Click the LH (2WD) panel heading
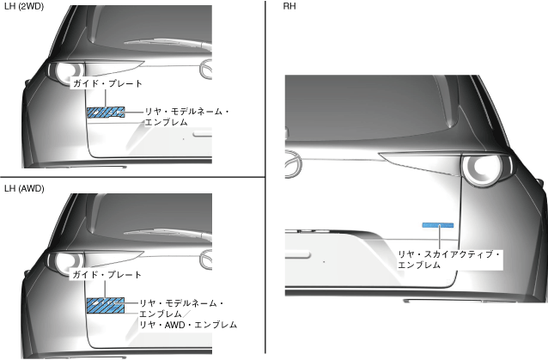coord(24,7)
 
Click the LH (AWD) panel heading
coord(24,188)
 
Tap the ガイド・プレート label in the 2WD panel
coord(107,84)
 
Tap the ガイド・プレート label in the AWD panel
coord(106,274)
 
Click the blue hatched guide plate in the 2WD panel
coord(103,112)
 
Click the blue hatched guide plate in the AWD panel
coord(104,304)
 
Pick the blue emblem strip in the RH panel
coord(437,224)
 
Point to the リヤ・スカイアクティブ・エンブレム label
coord(448,259)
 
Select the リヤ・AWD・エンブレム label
coord(187,326)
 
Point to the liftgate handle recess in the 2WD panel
coord(202,133)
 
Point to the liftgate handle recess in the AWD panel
coord(202,324)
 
